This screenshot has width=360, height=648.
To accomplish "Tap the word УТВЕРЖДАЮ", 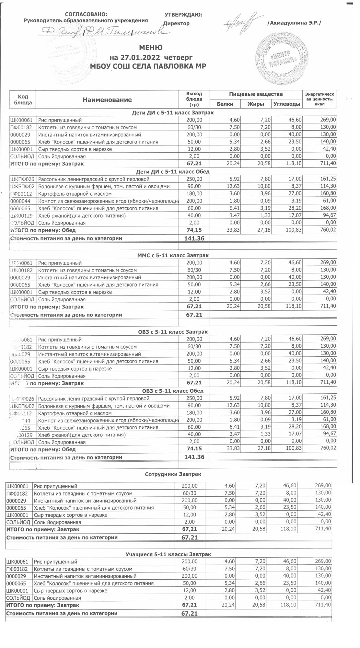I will [x=183, y=15].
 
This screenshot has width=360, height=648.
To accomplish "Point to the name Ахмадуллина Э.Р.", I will [x=294, y=23].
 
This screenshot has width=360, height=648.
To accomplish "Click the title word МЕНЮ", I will [x=151, y=48].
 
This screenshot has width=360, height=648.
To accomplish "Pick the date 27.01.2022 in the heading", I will [x=141, y=58].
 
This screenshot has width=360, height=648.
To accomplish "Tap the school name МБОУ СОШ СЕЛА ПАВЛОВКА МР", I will [x=150, y=66].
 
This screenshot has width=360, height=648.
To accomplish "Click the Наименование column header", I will [x=107, y=100].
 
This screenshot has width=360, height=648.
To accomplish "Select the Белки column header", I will [x=225, y=104].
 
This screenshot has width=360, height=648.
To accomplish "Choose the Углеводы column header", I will [x=286, y=104].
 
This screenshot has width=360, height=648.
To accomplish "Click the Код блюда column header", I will [x=23, y=99].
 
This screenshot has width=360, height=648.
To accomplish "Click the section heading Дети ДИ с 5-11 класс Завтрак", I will [x=173, y=112].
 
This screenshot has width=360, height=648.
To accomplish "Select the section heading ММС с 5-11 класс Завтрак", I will [x=173, y=255].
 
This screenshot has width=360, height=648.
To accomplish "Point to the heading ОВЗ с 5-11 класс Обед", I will [x=173, y=391].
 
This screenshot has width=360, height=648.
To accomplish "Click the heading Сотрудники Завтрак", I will [x=173, y=474].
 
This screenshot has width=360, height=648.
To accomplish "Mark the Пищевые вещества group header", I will [x=256, y=94].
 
